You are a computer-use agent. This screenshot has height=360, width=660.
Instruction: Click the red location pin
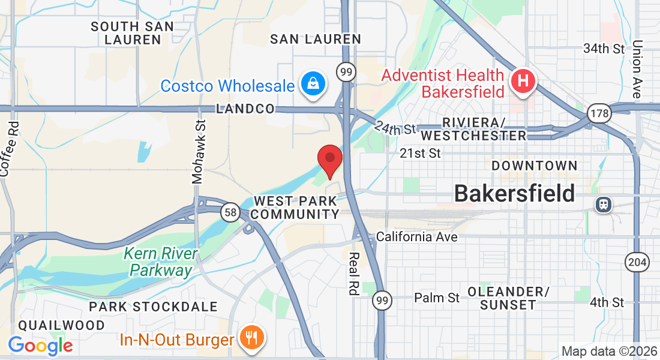pyautogui.click(x=329, y=160)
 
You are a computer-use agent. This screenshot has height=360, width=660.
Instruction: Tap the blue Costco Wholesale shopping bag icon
pyautogui.click(x=313, y=84)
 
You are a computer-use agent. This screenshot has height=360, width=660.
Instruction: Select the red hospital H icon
pyautogui.click(x=523, y=81)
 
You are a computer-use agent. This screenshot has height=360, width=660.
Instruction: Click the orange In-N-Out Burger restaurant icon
pyautogui.click(x=250, y=338)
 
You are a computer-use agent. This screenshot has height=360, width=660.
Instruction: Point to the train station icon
pyautogui.click(x=604, y=204)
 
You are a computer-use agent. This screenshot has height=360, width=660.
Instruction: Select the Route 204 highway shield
pyautogui.click(x=635, y=262)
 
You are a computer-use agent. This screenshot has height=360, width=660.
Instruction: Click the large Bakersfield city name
pyautogui.click(x=514, y=193)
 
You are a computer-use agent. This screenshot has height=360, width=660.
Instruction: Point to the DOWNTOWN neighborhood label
pyautogui.click(x=534, y=166)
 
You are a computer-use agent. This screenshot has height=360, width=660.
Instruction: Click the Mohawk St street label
pyautogui.click(x=199, y=151)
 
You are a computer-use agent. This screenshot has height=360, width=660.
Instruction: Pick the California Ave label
pyautogui.click(x=416, y=237)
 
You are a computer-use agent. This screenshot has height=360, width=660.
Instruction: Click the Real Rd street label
pyautogui.click(x=353, y=273)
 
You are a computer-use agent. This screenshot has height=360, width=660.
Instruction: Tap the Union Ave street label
pyautogui.click(x=637, y=69)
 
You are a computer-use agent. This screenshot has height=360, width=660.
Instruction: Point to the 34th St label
pyautogui.click(x=604, y=48)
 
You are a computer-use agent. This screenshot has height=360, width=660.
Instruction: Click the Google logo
pyautogui.click(x=41, y=345)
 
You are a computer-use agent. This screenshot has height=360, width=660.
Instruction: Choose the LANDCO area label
pyautogui.click(x=245, y=109)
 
